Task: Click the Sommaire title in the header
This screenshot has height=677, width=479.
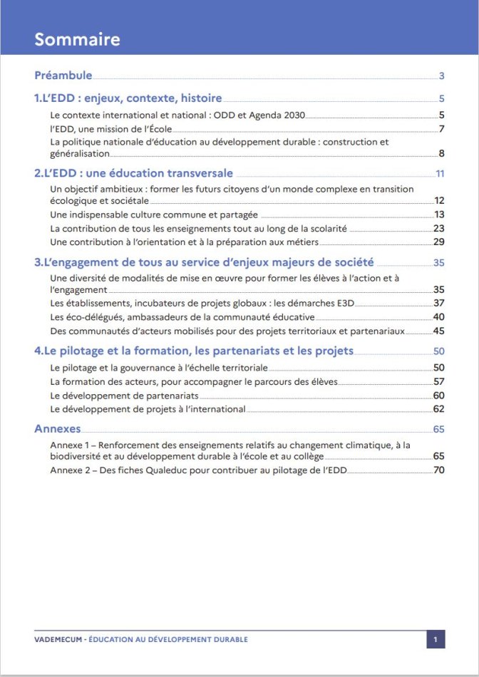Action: tap(77, 39)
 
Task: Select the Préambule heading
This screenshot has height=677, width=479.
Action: tap(63, 75)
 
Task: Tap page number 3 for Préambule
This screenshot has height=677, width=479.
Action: tap(442, 76)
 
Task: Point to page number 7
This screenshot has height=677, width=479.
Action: tap(442, 129)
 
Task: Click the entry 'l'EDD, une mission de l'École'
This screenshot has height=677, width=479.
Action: tap(111, 129)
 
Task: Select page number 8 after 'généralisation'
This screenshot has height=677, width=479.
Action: tap(442, 154)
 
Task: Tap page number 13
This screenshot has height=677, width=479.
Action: tap(439, 215)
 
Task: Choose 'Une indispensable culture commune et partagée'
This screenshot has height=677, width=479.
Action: tap(154, 215)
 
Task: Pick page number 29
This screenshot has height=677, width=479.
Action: tap(439, 242)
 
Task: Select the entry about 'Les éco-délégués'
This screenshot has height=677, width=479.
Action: tap(182, 316)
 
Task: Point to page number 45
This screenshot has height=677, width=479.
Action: tap(439, 331)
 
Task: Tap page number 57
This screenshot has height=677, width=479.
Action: tap(439, 382)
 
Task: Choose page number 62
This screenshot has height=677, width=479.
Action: tap(439, 409)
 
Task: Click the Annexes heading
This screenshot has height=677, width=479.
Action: tap(57, 429)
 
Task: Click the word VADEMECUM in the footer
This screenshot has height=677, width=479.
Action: tap(57, 639)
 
